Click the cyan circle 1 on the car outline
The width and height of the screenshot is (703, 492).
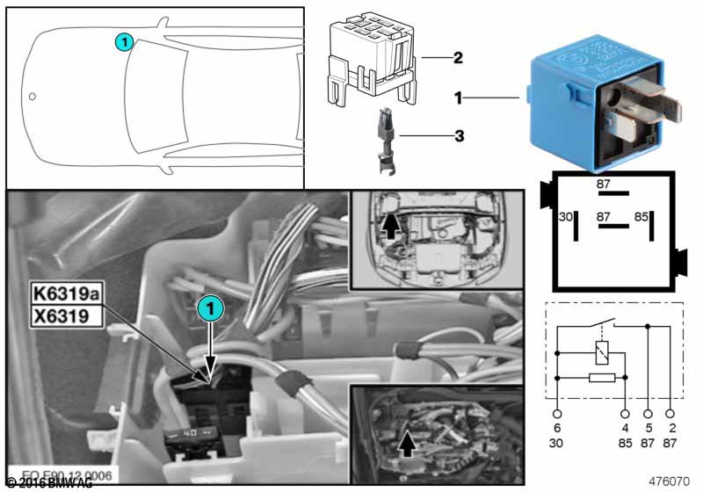click(x=125, y=40)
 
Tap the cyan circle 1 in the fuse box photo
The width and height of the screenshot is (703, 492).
click(x=210, y=307)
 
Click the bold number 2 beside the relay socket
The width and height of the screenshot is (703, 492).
click(x=458, y=59)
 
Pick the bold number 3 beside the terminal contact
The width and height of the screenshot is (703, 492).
click(x=458, y=136)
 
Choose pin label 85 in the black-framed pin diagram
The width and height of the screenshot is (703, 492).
click(x=641, y=216)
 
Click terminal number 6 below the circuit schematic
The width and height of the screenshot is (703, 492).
click(x=557, y=429)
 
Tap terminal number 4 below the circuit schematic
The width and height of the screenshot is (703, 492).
click(x=626, y=429)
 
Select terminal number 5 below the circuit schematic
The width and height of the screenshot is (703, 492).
click(x=649, y=429)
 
